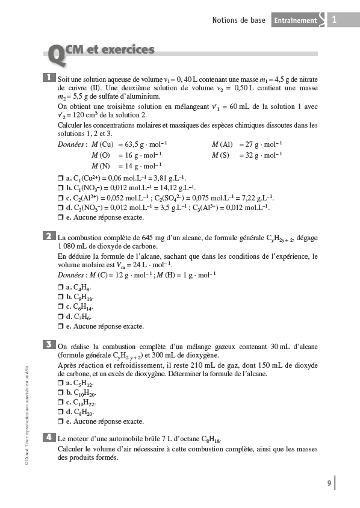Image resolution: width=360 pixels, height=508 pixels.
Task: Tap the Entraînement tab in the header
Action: coord(295,20)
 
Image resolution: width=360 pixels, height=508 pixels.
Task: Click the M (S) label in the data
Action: coord(222,155)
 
